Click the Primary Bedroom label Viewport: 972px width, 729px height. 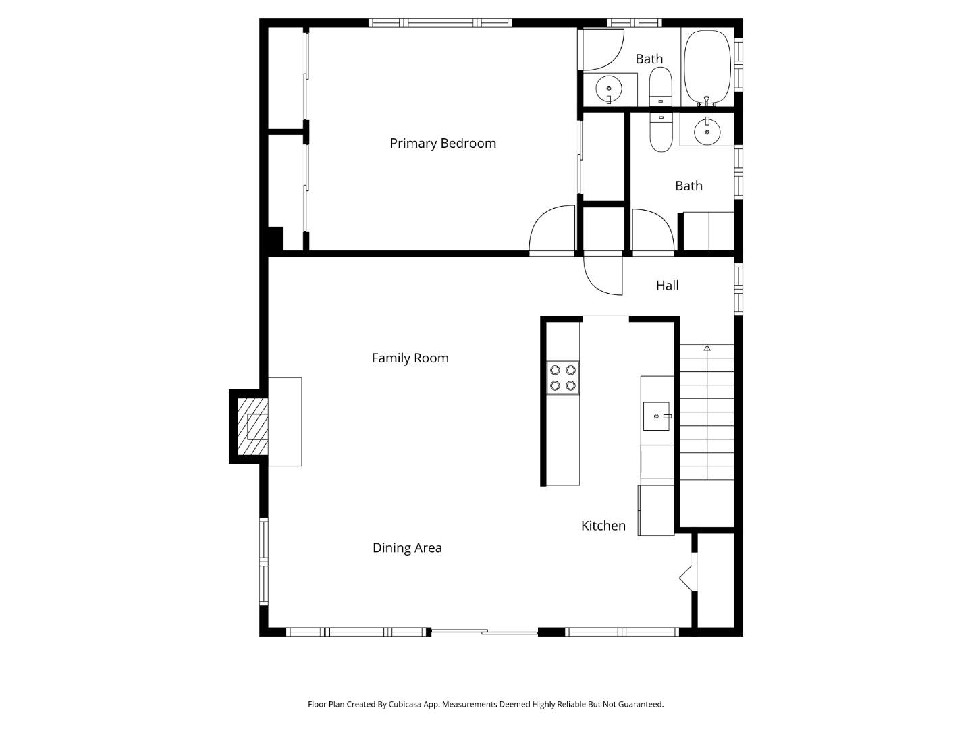point(443,143)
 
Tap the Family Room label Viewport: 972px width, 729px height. point(410,358)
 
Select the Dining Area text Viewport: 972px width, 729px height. point(407,547)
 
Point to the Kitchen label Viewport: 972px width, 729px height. point(603,525)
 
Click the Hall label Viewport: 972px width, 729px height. point(667,285)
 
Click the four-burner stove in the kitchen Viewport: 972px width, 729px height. point(562,378)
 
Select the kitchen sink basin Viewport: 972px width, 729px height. point(656,416)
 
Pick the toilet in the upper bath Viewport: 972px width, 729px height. point(660,84)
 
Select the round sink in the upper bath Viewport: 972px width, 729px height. point(609,88)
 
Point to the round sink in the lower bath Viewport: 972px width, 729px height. point(707,132)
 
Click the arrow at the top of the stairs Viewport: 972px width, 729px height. point(707,348)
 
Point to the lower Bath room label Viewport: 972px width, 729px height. point(688,186)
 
